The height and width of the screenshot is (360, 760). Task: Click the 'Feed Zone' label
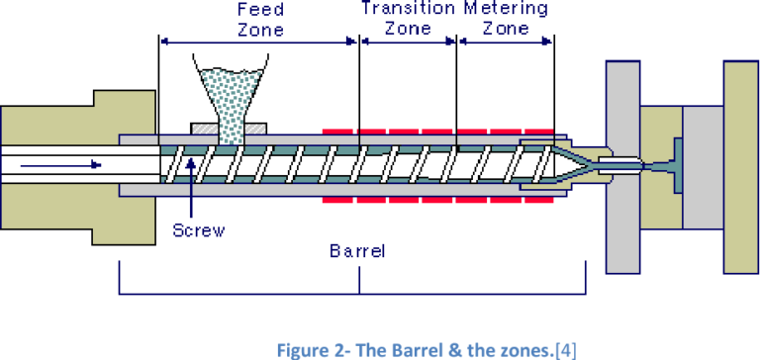tap(260, 19)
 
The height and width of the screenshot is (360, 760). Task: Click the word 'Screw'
tap(198, 230)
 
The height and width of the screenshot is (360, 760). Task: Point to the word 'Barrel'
tap(356, 251)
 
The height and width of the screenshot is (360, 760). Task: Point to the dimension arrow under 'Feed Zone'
tap(258, 42)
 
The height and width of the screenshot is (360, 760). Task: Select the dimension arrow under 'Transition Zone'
tap(408, 42)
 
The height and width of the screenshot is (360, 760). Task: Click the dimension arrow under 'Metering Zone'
tap(505, 42)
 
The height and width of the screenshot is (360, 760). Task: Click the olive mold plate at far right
tap(739, 163)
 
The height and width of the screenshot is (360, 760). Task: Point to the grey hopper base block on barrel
tap(232, 130)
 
